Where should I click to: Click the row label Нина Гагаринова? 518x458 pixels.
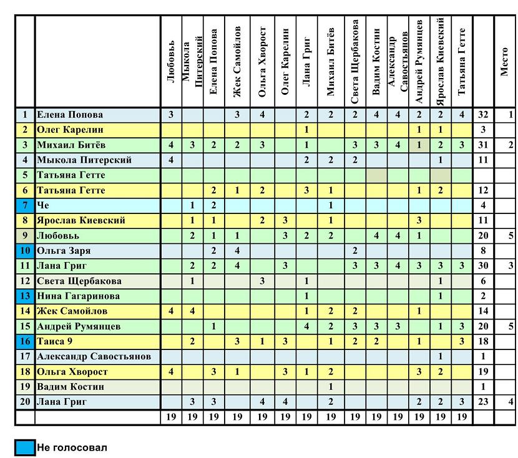[78, 296]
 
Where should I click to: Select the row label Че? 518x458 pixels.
[43, 205]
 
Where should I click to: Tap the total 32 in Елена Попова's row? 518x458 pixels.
[483, 115]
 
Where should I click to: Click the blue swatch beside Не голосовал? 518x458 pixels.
[25, 448]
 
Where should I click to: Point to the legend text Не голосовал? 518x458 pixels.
[72, 448]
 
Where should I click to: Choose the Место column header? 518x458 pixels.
[504, 62]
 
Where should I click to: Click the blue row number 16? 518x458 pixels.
[25, 341]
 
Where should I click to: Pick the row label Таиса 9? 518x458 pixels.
[54, 341]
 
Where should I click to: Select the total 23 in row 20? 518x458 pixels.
[483, 402]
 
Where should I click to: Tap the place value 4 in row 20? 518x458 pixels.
[511, 402]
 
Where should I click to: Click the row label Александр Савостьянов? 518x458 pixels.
[94, 356]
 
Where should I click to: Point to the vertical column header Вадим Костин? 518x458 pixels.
[376, 62]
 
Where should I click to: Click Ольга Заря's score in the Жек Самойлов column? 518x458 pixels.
[237, 251]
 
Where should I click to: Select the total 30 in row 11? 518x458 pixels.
[483, 265]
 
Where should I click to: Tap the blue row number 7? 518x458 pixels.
[25, 205]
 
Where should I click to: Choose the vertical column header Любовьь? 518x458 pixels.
[171, 62]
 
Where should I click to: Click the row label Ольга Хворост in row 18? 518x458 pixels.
[72, 371]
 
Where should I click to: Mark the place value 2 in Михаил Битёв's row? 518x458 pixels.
[511, 145]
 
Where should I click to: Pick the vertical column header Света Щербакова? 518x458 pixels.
[355, 62]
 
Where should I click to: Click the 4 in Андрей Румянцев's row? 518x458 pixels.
[306, 326]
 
